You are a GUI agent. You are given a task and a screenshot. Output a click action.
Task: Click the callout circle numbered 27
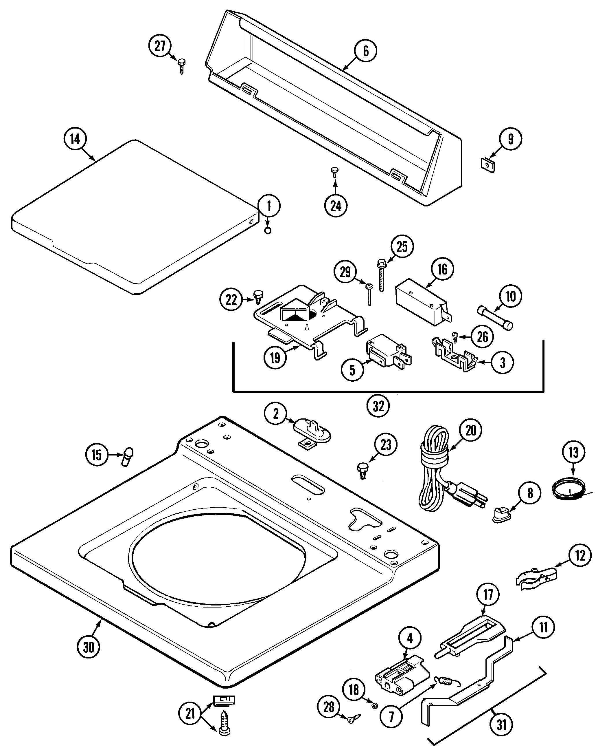pos(160,46)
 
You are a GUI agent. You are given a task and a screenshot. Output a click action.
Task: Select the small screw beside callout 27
pos(182,66)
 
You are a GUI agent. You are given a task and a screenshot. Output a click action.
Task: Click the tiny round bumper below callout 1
pos(268,231)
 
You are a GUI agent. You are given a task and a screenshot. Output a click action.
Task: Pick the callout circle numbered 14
pos(75,139)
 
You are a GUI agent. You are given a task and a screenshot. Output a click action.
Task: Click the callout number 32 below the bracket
pos(378,406)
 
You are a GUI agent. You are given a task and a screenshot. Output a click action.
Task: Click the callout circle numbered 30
pos(89,646)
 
